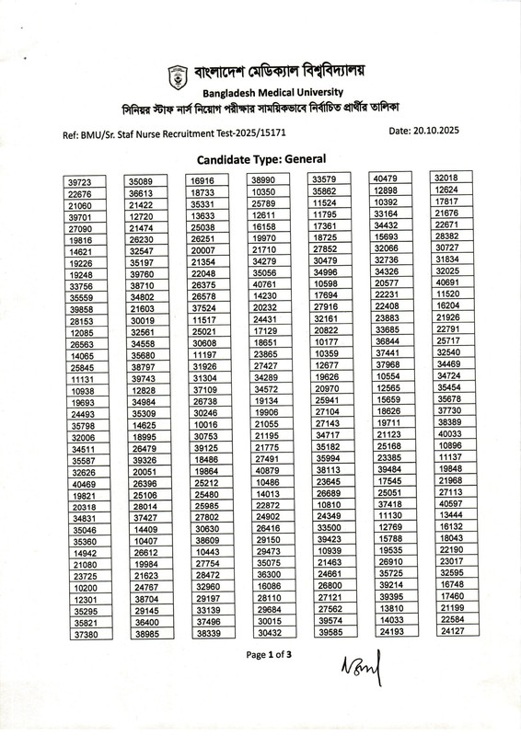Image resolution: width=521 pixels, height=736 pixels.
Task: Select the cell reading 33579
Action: (329, 178)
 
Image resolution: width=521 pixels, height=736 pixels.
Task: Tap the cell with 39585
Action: (329, 632)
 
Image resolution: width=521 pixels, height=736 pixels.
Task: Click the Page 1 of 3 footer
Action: (269, 654)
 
